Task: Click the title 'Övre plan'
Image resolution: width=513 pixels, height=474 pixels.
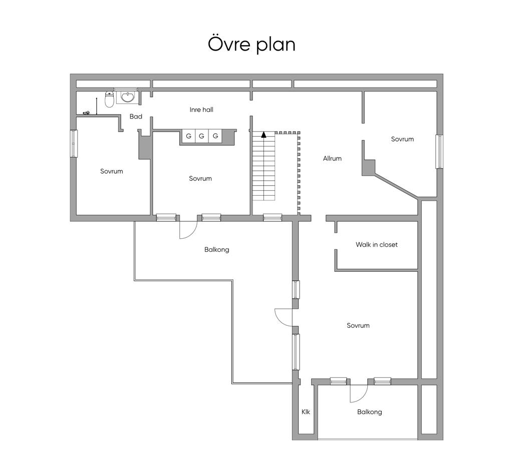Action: pyautogui.click(x=251, y=45)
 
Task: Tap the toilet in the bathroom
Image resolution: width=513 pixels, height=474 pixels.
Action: pyautogui.click(x=109, y=100)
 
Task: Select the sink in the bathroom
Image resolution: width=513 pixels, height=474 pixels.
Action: pyautogui.click(x=127, y=97)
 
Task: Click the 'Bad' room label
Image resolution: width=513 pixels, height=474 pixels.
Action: pyautogui.click(x=136, y=117)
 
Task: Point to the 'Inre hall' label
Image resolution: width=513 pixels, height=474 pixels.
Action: pyautogui.click(x=201, y=110)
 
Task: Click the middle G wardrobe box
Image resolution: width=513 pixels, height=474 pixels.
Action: pyautogui.click(x=201, y=136)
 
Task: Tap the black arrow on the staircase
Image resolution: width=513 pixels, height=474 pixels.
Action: pyautogui.click(x=264, y=134)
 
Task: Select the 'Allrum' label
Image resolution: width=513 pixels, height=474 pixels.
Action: pyautogui.click(x=332, y=158)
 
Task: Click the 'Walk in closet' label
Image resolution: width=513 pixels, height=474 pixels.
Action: pyautogui.click(x=377, y=245)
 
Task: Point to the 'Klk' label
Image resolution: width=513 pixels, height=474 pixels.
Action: pyautogui.click(x=306, y=412)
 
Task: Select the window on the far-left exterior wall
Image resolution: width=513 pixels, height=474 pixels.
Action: pyautogui.click(x=74, y=144)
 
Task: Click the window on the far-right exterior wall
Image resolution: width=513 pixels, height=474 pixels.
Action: pyautogui.click(x=440, y=151)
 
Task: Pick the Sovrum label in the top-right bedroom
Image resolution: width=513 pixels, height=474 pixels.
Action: pyautogui.click(x=402, y=139)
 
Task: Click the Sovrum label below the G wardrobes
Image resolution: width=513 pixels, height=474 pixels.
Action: pyautogui.click(x=200, y=179)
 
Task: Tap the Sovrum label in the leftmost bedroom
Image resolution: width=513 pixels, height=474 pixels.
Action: pyautogui.click(x=112, y=171)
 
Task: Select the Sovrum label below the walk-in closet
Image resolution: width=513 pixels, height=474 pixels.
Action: pyautogui.click(x=358, y=325)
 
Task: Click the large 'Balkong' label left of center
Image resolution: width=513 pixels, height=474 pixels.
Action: pyautogui.click(x=216, y=250)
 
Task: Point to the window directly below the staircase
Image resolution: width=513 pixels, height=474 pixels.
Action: pyautogui.click(x=273, y=217)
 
